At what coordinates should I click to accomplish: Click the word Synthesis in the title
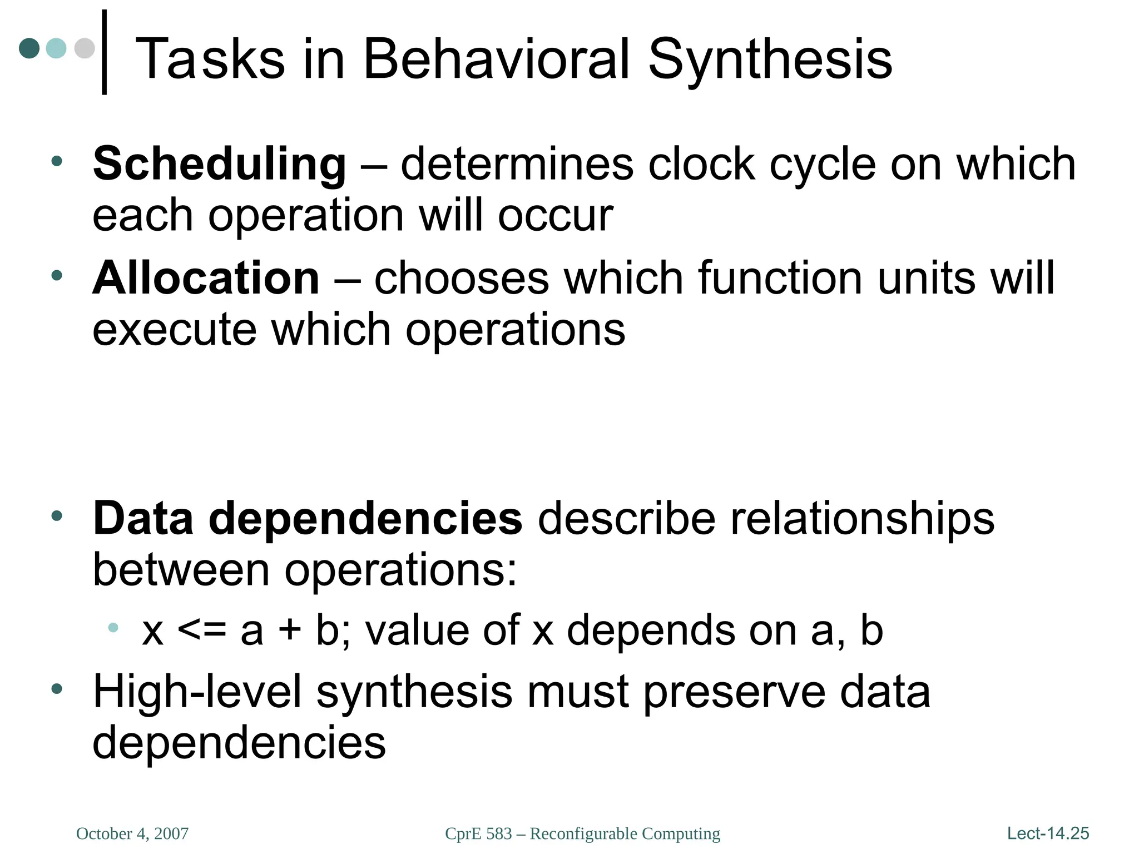(x=770, y=59)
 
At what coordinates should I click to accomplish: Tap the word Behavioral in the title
(x=497, y=59)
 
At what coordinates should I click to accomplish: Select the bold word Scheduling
(x=219, y=165)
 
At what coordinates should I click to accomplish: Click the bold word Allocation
(x=206, y=278)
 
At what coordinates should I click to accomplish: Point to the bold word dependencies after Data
(x=365, y=519)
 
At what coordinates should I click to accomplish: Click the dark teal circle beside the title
(x=29, y=48)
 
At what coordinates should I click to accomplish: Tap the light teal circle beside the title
(x=56, y=48)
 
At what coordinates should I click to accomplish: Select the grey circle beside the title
(x=85, y=48)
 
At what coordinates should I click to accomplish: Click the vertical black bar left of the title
(x=104, y=52)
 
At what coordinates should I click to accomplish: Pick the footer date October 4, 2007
(x=132, y=833)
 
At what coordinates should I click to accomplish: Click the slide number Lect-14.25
(x=1048, y=833)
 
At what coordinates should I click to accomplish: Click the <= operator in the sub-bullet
(x=202, y=630)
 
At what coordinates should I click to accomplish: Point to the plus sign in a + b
(x=289, y=630)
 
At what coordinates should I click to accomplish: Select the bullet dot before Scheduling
(x=56, y=162)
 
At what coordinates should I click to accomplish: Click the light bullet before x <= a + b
(x=113, y=628)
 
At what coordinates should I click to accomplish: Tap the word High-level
(x=197, y=692)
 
